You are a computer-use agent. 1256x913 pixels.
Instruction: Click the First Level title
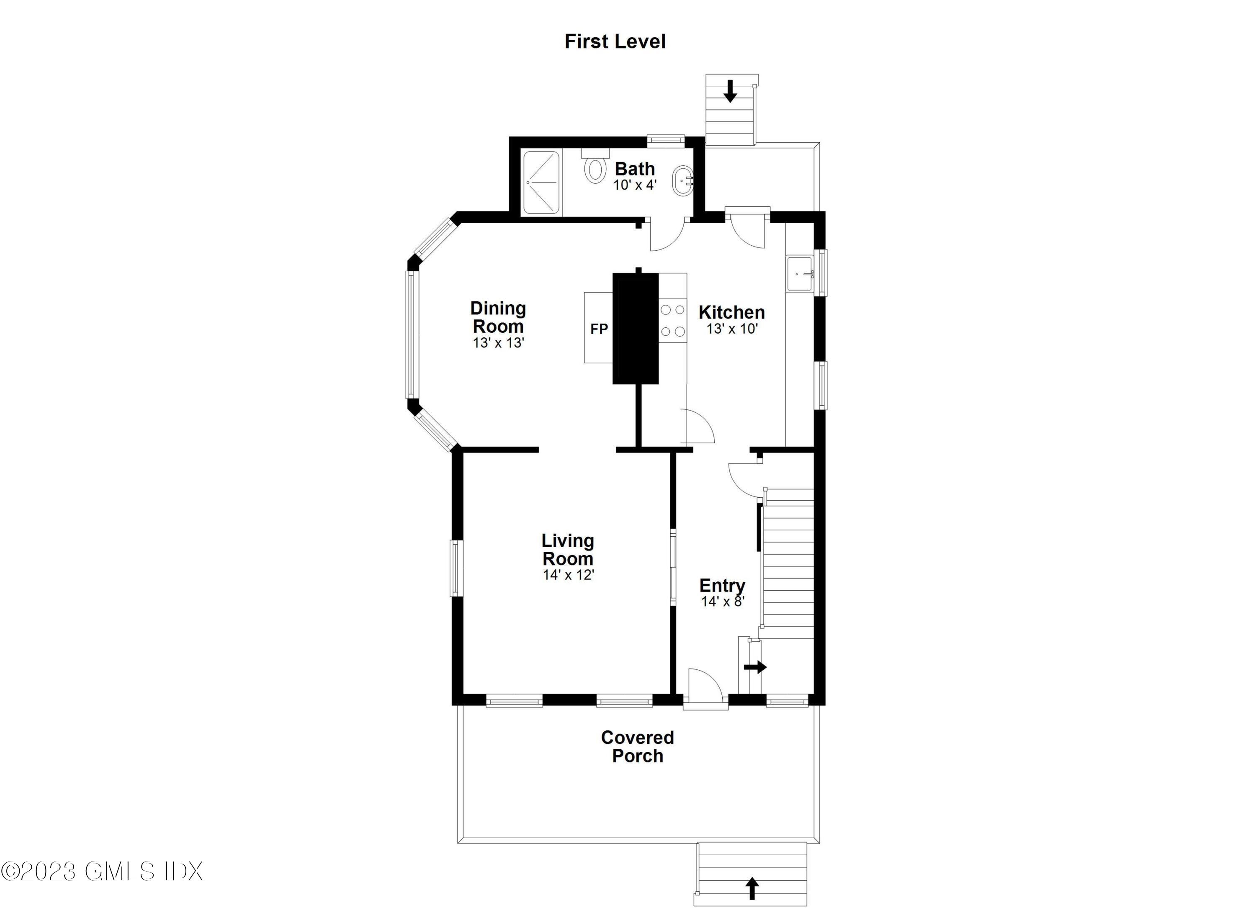[614, 41]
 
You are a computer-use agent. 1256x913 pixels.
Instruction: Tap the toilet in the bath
[595, 168]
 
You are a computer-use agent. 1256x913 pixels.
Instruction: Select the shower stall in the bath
[542, 182]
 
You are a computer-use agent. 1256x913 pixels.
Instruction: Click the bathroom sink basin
[682, 180]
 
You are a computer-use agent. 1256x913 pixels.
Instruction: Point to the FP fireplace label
[599, 329]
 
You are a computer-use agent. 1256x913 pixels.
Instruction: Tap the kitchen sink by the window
[799, 273]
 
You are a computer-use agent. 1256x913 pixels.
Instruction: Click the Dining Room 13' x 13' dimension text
[498, 343]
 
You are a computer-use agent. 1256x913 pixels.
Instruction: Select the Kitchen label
[731, 312]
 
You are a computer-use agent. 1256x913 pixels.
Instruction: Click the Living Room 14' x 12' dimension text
[568, 575]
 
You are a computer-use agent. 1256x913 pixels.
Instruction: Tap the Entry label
[722, 585]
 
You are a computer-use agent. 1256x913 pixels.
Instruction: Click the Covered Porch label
[637, 746]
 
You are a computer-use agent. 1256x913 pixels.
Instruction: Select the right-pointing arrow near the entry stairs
[755, 667]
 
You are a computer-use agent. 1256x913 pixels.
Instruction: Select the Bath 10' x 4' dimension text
[634, 185]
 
